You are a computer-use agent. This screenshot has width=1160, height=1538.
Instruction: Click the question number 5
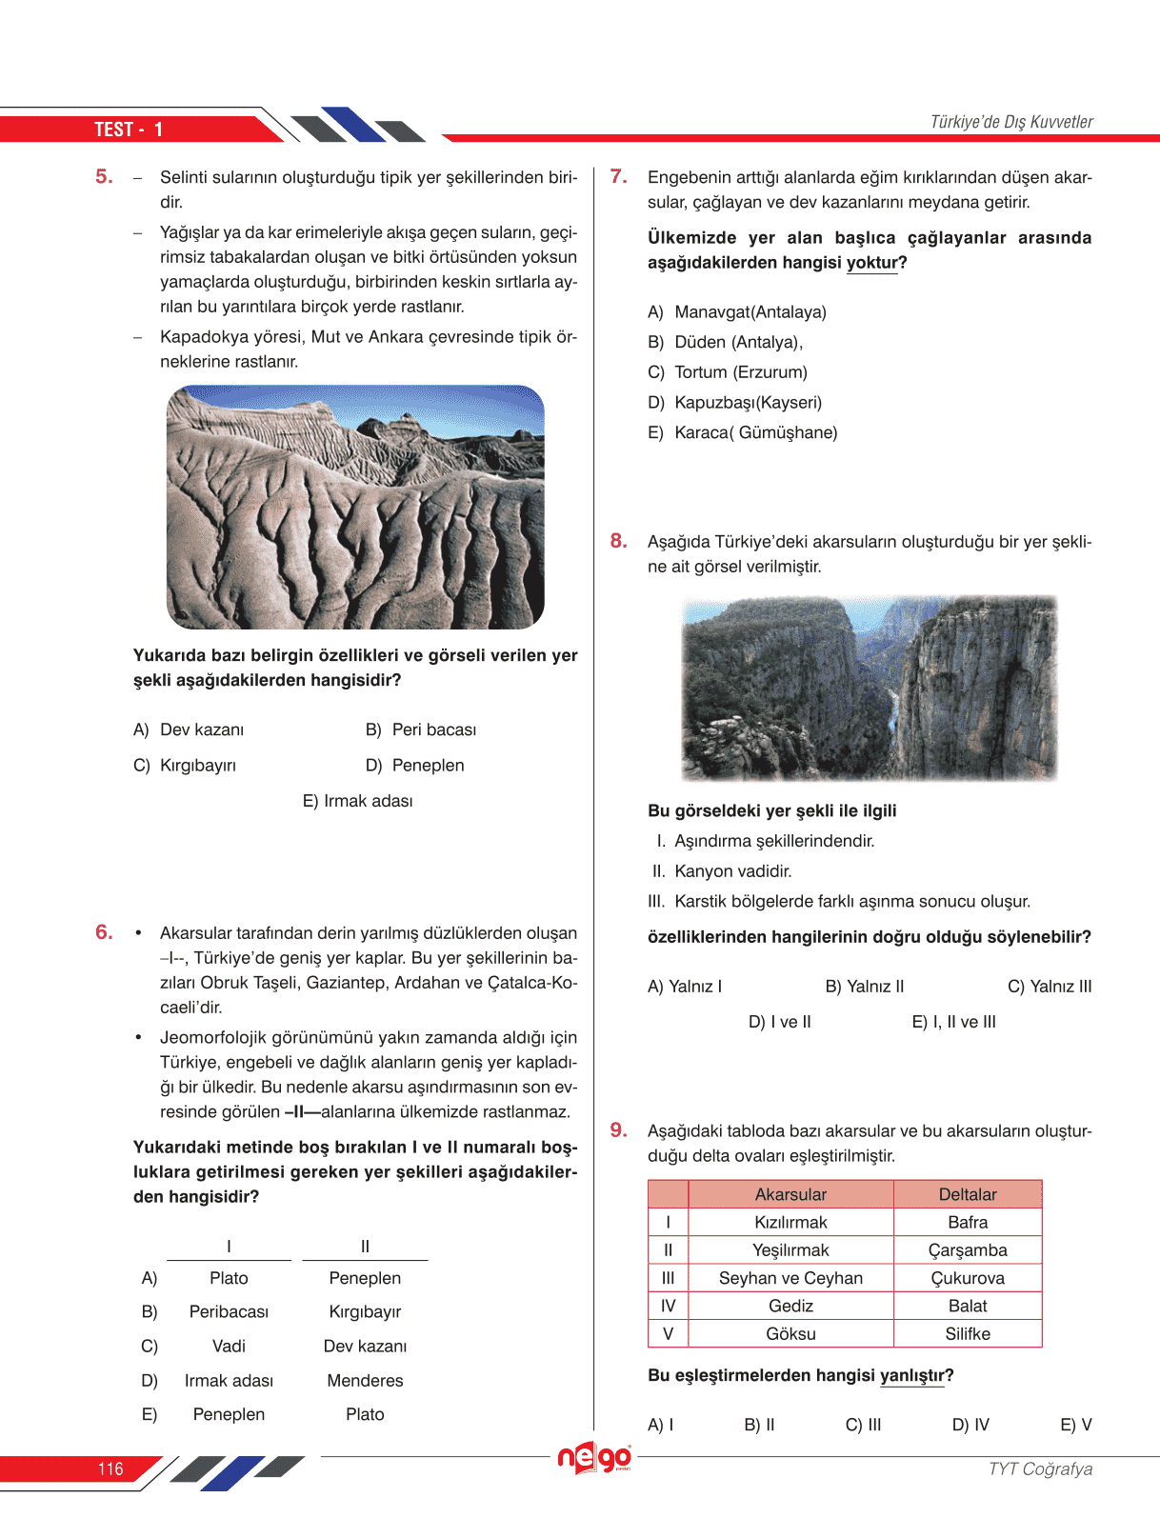pos(104,176)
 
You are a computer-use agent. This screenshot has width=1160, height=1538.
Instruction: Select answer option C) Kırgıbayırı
pos(185,765)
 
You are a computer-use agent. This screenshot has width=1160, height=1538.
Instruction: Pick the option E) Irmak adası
pos(357,801)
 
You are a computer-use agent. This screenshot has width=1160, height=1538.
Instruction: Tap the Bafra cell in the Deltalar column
pos(968,1222)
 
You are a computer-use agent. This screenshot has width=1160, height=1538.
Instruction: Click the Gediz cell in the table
pos(790,1306)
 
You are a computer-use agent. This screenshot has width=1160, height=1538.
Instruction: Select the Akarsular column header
pos(790,1194)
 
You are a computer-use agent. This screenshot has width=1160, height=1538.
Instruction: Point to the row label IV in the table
pos(668,1306)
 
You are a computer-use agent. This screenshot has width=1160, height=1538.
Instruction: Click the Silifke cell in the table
pos(968,1333)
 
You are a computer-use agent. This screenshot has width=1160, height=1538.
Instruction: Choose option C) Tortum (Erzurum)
pos(728,372)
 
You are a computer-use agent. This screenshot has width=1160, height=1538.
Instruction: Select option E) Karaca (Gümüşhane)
pos(742,432)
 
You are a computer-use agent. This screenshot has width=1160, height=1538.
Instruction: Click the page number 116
pos(110,1468)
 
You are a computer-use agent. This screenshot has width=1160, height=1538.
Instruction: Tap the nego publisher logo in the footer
pos(594,1458)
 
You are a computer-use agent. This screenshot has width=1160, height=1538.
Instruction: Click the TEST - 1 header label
pos(129,130)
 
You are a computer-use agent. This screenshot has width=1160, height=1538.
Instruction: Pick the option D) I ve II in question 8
pos(779,1022)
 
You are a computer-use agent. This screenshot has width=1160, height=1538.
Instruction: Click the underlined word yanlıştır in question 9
pos(911,1375)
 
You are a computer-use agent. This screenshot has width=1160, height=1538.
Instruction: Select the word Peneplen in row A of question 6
pos(365,1278)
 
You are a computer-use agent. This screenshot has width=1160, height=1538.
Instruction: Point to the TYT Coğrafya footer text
pos(1040,1468)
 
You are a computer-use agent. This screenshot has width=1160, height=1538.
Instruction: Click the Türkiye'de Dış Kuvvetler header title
pos(1011,122)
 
